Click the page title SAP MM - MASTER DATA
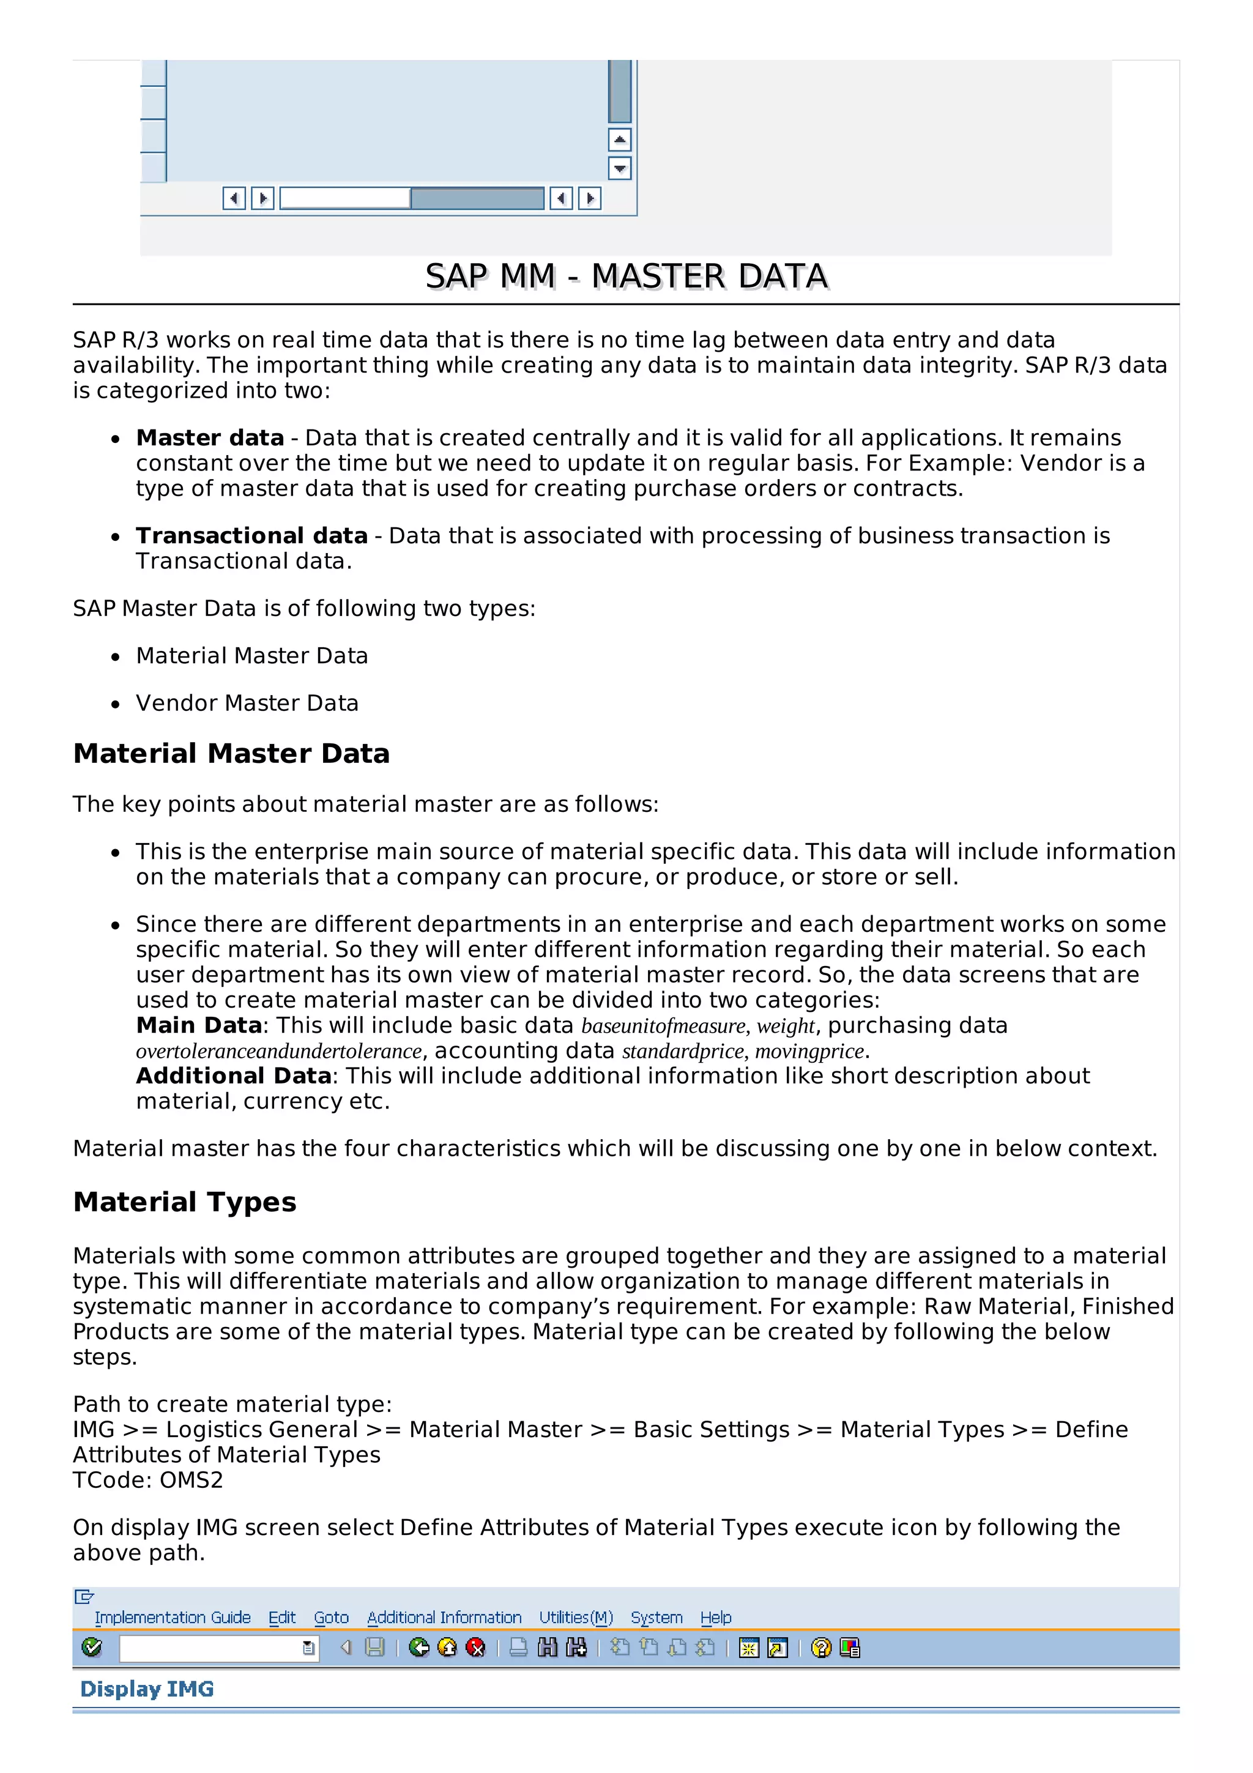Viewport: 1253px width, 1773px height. tap(626, 277)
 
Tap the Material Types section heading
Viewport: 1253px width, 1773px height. tap(185, 1202)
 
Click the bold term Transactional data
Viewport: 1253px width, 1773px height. tap(251, 535)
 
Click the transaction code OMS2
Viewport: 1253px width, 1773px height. tap(191, 1481)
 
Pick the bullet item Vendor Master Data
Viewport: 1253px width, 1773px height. tap(247, 703)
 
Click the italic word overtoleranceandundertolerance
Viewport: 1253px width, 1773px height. tap(279, 1051)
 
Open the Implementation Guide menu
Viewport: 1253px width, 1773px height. tap(172, 1617)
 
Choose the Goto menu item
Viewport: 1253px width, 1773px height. tap(331, 1617)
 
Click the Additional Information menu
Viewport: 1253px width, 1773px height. tap(444, 1617)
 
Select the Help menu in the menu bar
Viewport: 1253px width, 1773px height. tap(716, 1617)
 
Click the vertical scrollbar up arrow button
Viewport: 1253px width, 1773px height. tap(619, 139)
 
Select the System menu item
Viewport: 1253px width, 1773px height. tap(656, 1617)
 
